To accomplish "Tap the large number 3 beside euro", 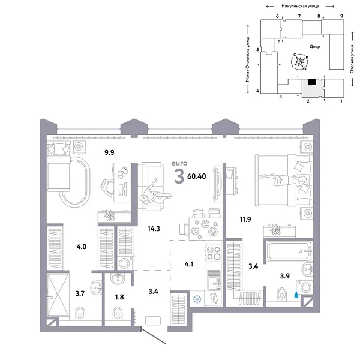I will point(179,176).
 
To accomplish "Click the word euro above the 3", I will point(179,163).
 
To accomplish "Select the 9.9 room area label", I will point(109,154).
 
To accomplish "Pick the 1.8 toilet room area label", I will point(119,296).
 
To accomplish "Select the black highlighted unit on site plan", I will point(311,83).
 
